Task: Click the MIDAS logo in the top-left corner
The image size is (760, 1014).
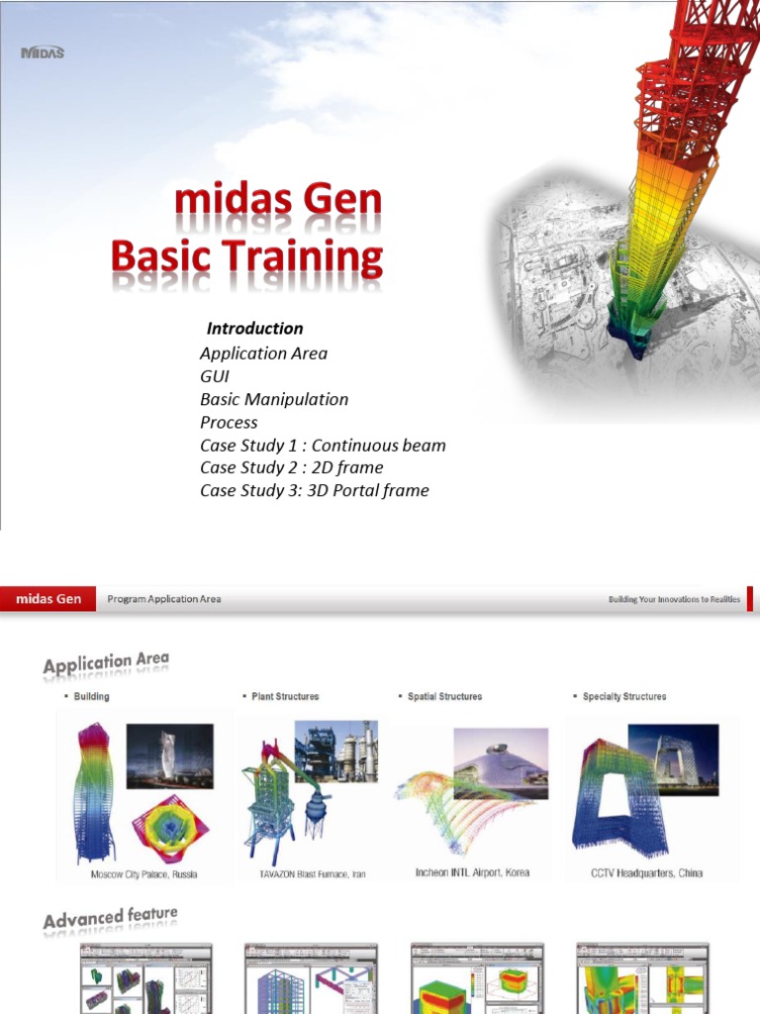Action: pyautogui.click(x=43, y=52)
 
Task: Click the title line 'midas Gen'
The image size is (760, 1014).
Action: pyautogui.click(x=278, y=202)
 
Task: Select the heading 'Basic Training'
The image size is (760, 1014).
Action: pyautogui.click(x=246, y=257)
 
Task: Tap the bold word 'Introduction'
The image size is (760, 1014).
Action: pyautogui.click(x=254, y=329)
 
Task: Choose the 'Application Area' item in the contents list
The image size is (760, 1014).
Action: pyautogui.click(x=263, y=354)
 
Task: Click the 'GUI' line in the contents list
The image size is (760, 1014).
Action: pyautogui.click(x=215, y=376)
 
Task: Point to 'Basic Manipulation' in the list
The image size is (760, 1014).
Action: pyautogui.click(x=274, y=399)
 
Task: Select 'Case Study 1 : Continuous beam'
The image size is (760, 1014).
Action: pyautogui.click(x=323, y=445)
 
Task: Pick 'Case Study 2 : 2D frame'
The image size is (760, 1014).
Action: pyautogui.click(x=291, y=467)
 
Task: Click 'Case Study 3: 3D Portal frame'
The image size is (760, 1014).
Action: pyautogui.click(x=314, y=490)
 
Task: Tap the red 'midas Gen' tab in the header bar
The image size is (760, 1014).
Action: pyautogui.click(x=47, y=599)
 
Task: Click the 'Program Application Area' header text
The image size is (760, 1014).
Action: pyautogui.click(x=164, y=599)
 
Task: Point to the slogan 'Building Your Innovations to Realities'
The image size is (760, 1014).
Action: pyautogui.click(x=674, y=600)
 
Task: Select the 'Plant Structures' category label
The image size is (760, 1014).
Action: pyautogui.click(x=285, y=697)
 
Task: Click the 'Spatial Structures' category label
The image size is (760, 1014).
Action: pyautogui.click(x=444, y=697)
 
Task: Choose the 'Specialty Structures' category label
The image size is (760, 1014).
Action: pyautogui.click(x=624, y=697)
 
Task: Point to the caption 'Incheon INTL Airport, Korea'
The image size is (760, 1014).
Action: pyautogui.click(x=472, y=873)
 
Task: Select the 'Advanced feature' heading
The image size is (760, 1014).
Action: pyautogui.click(x=110, y=918)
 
